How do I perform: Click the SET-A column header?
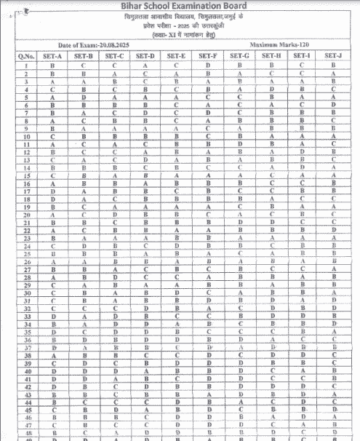[53, 55]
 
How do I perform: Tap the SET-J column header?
[332, 55]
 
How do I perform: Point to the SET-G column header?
[239, 55]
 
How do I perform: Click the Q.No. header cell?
[21, 55]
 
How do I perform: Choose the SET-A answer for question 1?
[53, 65]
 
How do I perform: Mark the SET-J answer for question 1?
[332, 65]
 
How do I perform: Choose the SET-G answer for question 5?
[239, 97]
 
